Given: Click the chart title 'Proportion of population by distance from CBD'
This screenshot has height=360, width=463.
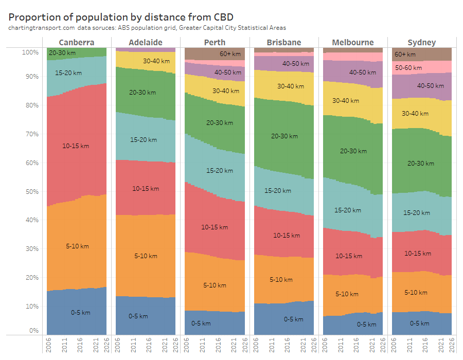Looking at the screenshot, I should [121, 16].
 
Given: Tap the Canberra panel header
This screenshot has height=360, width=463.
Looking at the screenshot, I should [76, 42].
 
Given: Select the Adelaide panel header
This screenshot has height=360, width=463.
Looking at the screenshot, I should [146, 42].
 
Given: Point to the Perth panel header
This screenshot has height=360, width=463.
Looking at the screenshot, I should [215, 42].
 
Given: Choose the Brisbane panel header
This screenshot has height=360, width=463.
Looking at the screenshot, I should [284, 42].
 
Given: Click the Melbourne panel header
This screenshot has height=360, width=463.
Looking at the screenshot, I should [353, 42].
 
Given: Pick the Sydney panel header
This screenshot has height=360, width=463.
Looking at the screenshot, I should [422, 42].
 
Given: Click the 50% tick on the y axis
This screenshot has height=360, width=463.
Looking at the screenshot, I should [30, 192].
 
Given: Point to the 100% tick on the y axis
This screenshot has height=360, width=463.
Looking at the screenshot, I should [30, 52].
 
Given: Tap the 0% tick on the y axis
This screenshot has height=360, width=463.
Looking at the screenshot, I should [33, 331].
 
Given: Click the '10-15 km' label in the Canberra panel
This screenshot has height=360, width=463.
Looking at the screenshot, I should [76, 146].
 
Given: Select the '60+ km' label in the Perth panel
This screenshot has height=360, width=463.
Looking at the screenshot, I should [230, 54].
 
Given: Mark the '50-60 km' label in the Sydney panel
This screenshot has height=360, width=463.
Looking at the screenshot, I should [408, 68].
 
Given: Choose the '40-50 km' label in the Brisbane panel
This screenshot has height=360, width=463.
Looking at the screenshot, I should [296, 64].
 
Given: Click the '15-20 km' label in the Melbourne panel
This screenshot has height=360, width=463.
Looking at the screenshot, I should [348, 210].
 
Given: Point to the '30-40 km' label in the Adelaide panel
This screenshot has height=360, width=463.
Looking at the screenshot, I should [154, 61].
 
